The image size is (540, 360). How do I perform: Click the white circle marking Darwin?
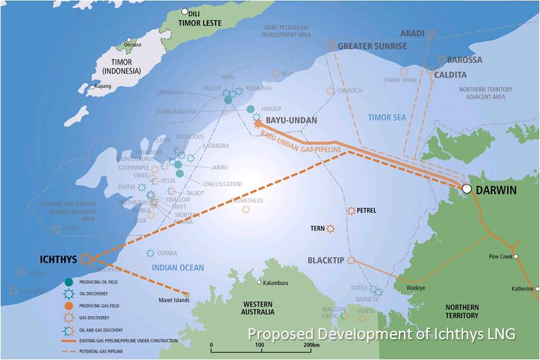[x=466, y=188]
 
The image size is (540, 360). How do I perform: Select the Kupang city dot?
[x=93, y=87]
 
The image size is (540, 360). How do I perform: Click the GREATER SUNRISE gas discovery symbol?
[x=332, y=45]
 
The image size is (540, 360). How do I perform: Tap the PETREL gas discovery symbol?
[x=351, y=210]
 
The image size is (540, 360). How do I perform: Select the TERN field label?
[x=317, y=229]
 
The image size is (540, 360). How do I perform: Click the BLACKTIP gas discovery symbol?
[x=351, y=260]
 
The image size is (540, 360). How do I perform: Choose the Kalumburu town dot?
[x=259, y=283]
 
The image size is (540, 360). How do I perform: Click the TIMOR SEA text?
[x=386, y=117]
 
